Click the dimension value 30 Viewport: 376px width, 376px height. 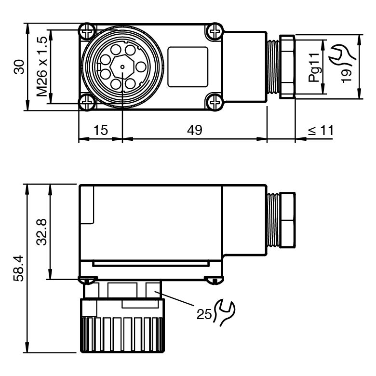click(x=19, y=67)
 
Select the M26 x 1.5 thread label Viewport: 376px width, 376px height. click(x=42, y=67)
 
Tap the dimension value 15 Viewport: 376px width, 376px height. click(x=101, y=130)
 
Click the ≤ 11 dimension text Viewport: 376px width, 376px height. click(x=321, y=130)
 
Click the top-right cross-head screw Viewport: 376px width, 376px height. click(x=214, y=31)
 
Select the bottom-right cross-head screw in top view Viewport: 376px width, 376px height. click(x=214, y=102)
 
